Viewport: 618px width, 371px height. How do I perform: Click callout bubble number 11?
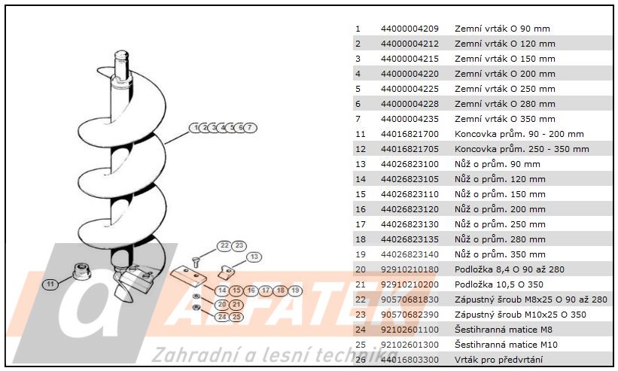[x=50, y=284]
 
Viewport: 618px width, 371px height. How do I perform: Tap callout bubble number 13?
[x=254, y=257]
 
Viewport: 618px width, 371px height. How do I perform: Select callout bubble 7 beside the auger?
[x=249, y=128]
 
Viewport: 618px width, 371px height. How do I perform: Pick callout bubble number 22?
[x=224, y=245]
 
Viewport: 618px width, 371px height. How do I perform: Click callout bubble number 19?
[x=295, y=290]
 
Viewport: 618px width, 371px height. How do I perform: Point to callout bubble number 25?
[x=236, y=317]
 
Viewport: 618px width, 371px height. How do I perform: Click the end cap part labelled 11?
[x=81, y=272]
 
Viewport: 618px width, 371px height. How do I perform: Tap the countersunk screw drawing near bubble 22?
[x=196, y=262]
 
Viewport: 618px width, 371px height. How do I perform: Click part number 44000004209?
[x=409, y=29]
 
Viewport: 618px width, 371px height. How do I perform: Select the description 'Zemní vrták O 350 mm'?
[x=505, y=119]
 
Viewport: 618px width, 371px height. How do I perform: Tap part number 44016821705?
[x=409, y=149]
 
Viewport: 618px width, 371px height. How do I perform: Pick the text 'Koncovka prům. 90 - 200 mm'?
[x=519, y=134]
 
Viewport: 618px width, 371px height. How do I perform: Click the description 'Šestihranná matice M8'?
[x=504, y=330]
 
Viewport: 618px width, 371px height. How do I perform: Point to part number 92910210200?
[x=409, y=284]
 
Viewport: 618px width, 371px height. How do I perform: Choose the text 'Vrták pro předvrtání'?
[x=498, y=360]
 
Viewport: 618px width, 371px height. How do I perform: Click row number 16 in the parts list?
[x=361, y=209]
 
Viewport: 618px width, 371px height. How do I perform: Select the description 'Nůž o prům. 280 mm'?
[x=500, y=239]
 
